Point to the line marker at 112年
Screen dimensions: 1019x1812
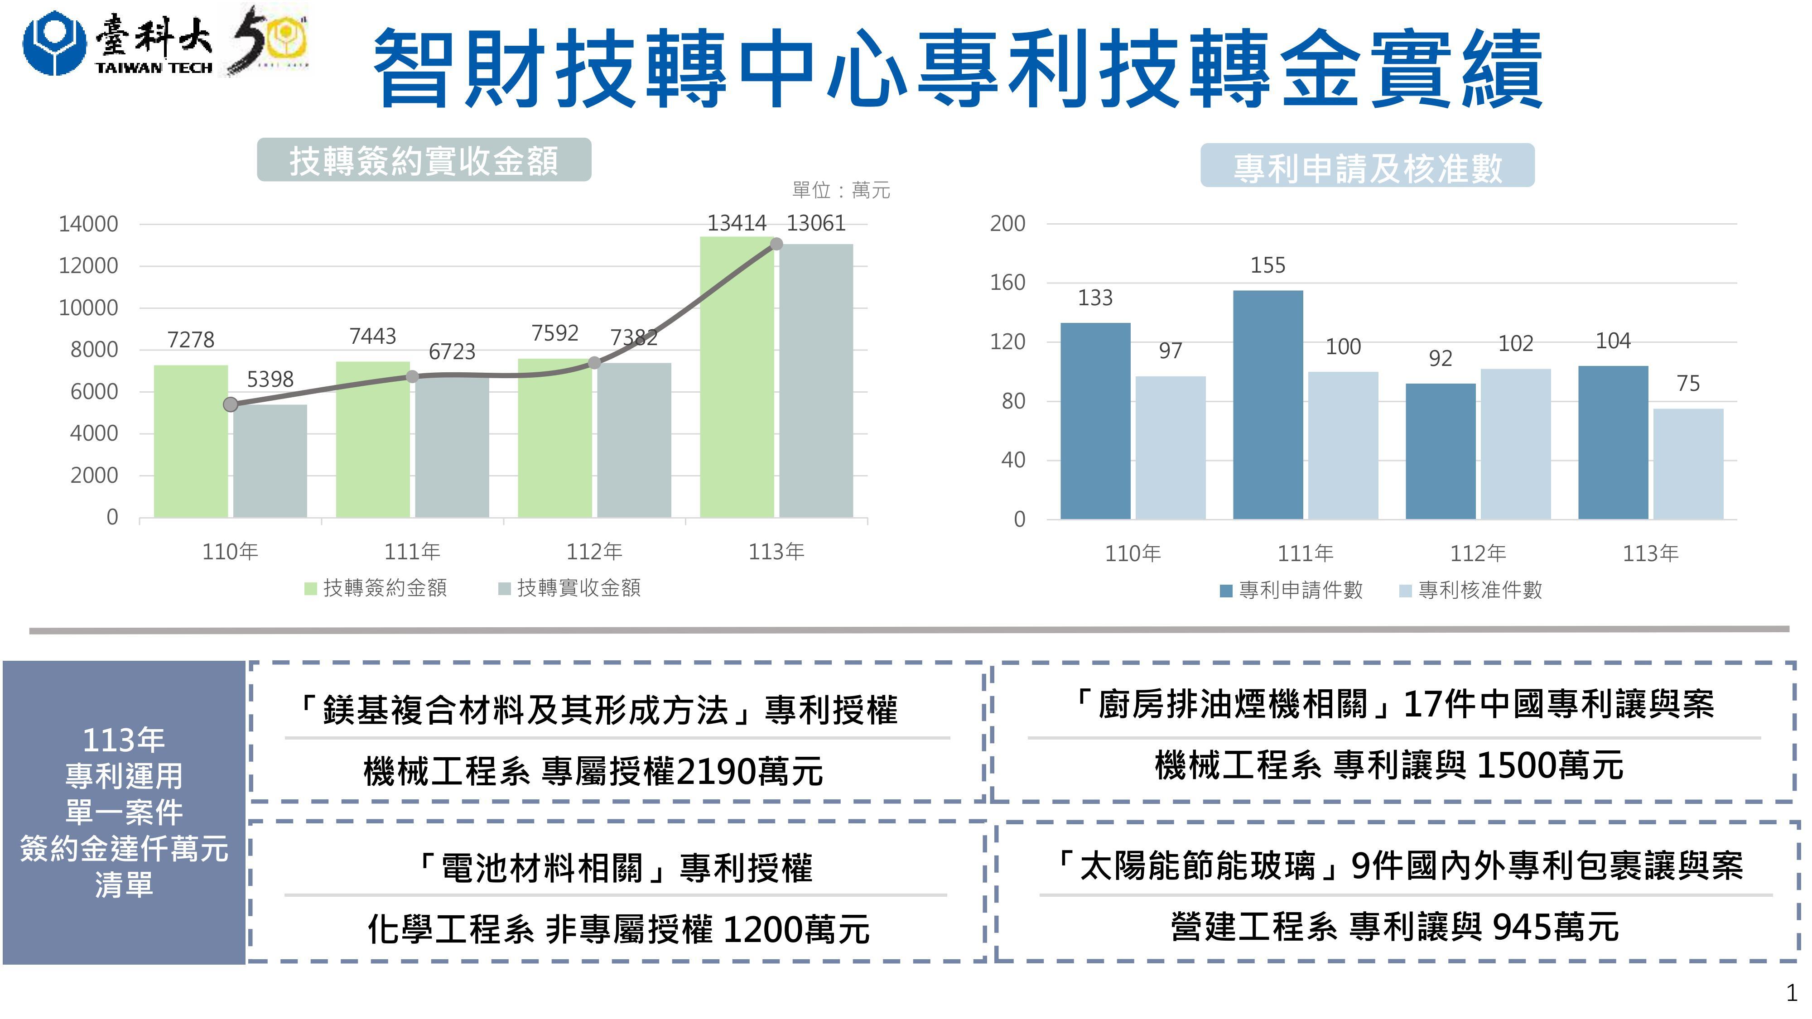tap(594, 363)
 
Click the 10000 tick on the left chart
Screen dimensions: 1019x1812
tap(89, 308)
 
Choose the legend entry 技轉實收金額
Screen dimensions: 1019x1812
tap(570, 588)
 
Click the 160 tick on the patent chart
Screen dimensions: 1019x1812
tap(1007, 283)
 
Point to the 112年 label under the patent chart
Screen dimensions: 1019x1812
tap(1478, 553)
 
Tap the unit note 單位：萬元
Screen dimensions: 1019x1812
tap(841, 190)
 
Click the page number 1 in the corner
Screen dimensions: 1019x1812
tap(1791, 994)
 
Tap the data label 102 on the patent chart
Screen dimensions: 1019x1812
tap(1515, 343)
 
